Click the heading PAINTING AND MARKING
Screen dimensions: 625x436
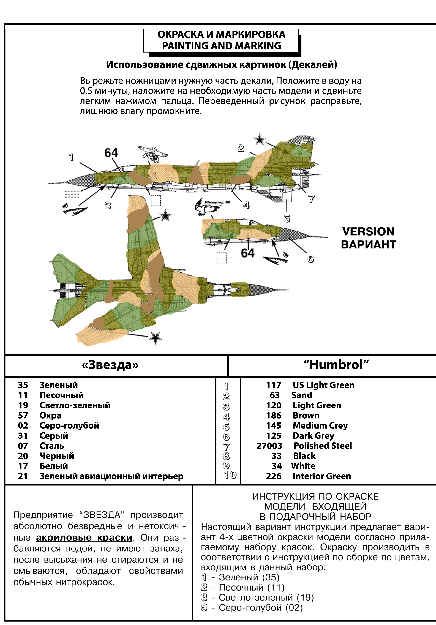[x=221, y=46]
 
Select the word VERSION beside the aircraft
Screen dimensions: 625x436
[x=368, y=232]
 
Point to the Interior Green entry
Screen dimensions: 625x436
[x=322, y=476]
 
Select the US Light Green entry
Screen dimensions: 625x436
[x=323, y=385]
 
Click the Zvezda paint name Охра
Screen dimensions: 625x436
[x=50, y=416]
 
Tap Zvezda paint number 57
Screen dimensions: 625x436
[x=23, y=416]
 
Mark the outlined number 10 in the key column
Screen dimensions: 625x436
[x=230, y=475]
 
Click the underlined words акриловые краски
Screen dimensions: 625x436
[x=84, y=538]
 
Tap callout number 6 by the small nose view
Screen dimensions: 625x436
[x=311, y=259]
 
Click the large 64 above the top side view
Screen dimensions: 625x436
[x=111, y=153]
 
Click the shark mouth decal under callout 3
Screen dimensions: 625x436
[x=76, y=210]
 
